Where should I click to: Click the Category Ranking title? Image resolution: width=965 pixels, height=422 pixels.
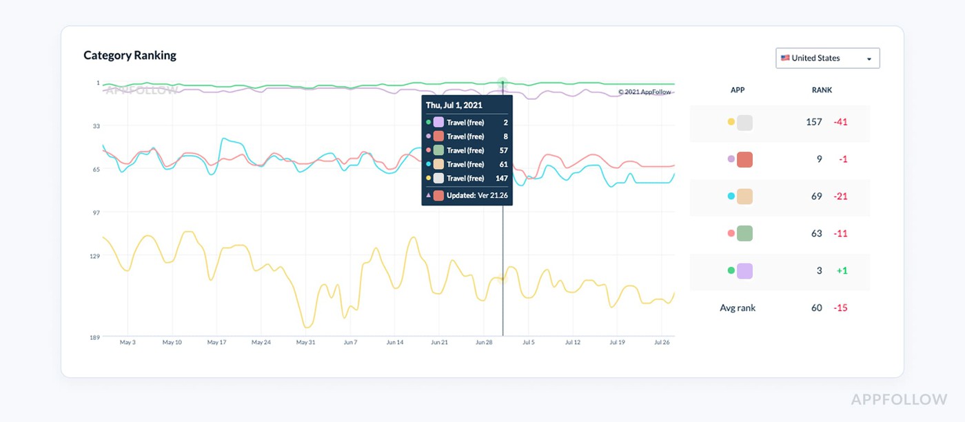[130, 55]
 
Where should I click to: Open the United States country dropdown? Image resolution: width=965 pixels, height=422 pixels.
[828, 58]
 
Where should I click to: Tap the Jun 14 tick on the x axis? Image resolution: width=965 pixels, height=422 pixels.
[394, 342]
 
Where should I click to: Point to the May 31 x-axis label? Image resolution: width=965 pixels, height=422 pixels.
[305, 342]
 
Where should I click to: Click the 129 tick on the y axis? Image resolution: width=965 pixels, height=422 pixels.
[95, 256]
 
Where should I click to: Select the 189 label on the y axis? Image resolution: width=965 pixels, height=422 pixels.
[95, 337]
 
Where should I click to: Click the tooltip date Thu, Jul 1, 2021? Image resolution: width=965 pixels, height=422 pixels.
[454, 105]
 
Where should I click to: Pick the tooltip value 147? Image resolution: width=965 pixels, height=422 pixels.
[502, 178]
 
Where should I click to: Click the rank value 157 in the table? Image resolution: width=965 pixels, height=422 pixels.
[814, 122]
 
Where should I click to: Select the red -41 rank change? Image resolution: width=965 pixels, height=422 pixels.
[840, 122]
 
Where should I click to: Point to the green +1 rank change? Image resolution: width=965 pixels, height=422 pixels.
[842, 271]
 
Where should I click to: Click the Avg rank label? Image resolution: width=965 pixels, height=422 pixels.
[738, 308]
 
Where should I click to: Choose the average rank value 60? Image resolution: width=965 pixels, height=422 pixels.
[817, 308]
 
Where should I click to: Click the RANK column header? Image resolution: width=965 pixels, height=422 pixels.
[822, 90]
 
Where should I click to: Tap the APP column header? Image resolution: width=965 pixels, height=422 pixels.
[738, 90]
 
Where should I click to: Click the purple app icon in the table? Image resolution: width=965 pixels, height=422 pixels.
[745, 271]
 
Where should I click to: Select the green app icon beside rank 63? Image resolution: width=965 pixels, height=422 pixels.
[745, 233]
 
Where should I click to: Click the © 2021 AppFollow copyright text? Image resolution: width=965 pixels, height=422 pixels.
[644, 92]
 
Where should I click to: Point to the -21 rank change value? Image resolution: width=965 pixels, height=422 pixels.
[840, 196]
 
